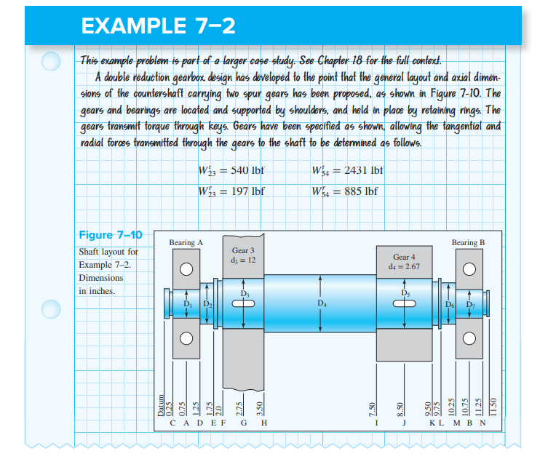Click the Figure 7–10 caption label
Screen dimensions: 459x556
(x=110, y=234)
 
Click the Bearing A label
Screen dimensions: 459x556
(x=186, y=242)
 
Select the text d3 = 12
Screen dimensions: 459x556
(x=242, y=260)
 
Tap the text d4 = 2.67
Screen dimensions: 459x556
(x=405, y=266)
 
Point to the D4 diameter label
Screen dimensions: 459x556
(x=321, y=302)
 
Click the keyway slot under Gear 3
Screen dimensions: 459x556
(x=243, y=306)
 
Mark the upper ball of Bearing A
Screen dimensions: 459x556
(x=186, y=269)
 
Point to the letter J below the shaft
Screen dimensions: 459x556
(x=404, y=423)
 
